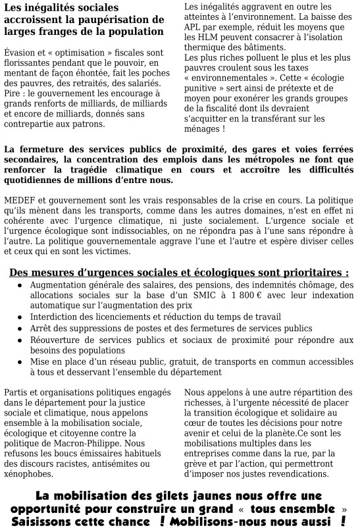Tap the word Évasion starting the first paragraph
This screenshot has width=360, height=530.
(x=20, y=52)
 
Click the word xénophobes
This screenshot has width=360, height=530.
(x=28, y=473)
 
